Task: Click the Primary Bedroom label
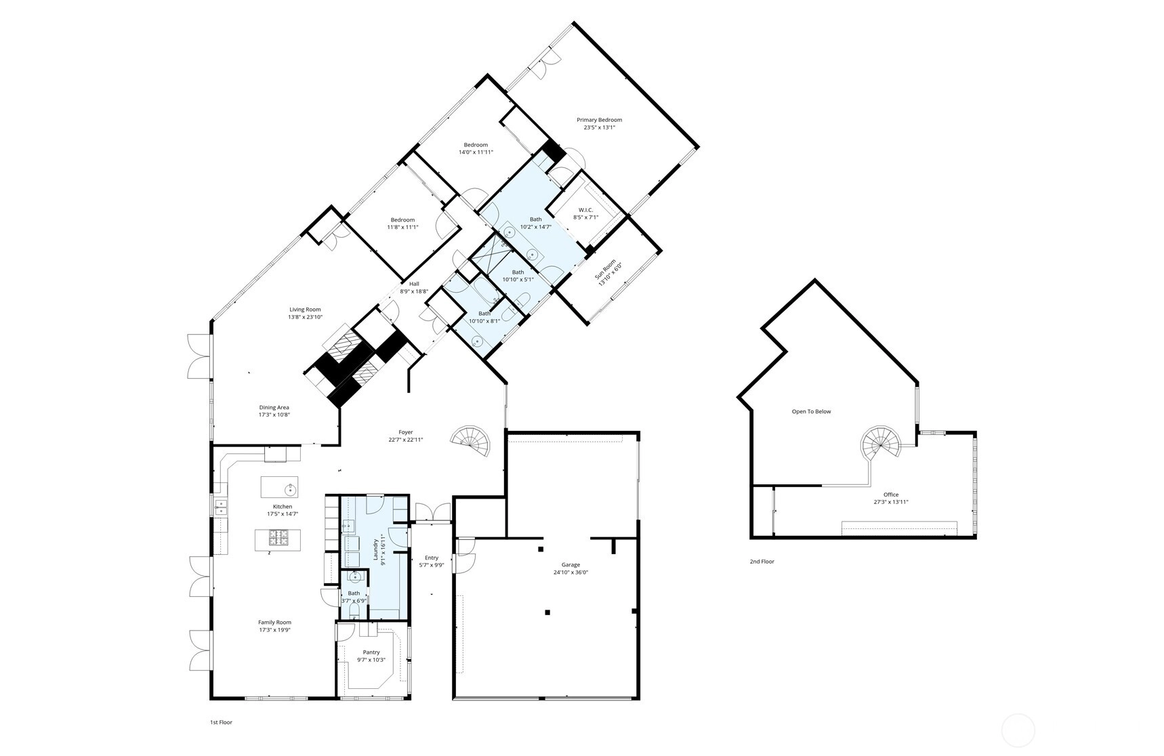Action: click(x=599, y=120)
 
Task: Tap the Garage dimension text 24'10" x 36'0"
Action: click(x=570, y=572)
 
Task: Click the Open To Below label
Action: click(x=811, y=411)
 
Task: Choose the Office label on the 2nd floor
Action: click(x=891, y=495)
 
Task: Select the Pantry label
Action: click(x=371, y=652)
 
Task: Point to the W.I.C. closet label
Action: click(x=585, y=210)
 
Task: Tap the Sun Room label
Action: click(x=605, y=270)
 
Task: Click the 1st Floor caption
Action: click(x=221, y=722)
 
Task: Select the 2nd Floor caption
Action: click(x=762, y=562)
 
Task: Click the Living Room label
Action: click(x=305, y=310)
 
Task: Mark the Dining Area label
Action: click(x=274, y=408)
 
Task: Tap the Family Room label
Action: click(x=274, y=623)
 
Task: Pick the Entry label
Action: click(x=432, y=558)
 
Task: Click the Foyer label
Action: click(x=405, y=432)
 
